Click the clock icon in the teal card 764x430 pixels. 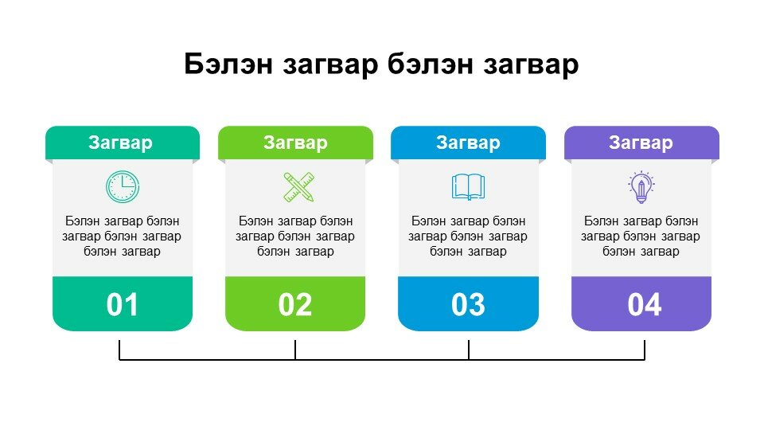[123, 186]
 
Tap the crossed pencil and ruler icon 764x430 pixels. [298, 186]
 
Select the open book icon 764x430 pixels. [468, 186]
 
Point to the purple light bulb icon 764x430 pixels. [641, 186]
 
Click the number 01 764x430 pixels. [123, 305]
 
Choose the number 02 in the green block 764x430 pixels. [294, 305]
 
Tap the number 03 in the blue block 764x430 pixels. [468, 305]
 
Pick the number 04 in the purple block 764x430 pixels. [644, 305]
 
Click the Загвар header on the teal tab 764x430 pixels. [120, 143]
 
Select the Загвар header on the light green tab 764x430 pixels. [295, 143]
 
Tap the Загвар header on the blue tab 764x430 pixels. [468, 143]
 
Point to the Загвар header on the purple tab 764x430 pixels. [641, 143]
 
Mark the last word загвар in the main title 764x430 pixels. [531, 65]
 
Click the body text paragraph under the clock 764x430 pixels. [122, 236]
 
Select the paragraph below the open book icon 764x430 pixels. [468, 236]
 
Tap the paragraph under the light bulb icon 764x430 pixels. [641, 236]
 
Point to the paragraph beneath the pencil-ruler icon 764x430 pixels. [295, 236]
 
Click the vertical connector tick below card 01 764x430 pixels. [119, 350]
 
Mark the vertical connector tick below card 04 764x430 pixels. [645, 350]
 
